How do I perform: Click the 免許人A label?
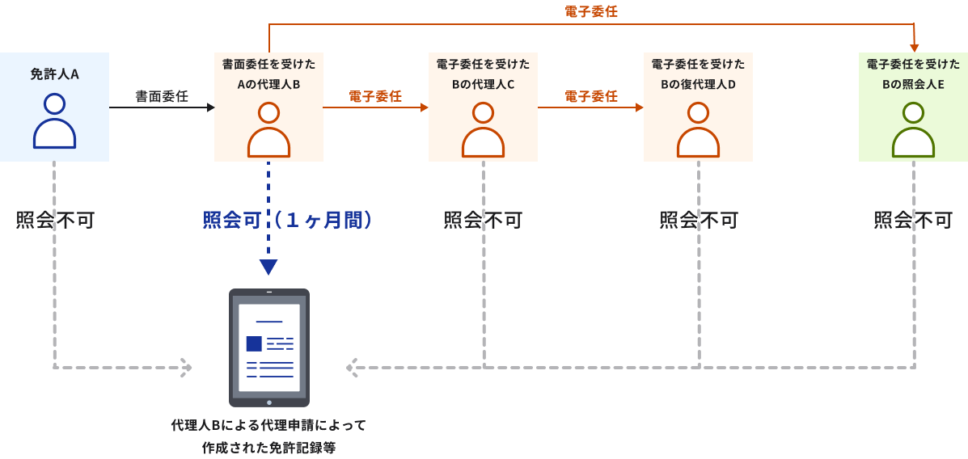coord(54,74)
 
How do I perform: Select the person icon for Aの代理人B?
coord(268,129)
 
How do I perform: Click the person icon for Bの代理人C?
coord(483,129)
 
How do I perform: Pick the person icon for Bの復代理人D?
coord(698,129)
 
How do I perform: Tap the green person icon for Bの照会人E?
coord(913,129)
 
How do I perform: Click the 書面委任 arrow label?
coord(162,96)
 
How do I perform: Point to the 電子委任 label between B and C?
coord(375,96)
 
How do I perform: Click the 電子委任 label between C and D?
coord(591,96)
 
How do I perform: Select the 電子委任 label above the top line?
coord(591,11)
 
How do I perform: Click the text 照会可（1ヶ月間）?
coord(287,220)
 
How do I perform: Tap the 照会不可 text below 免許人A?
coord(55,220)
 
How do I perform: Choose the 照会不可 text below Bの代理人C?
coord(483,220)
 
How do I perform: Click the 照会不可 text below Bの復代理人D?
coord(699,220)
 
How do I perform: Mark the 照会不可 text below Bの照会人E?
coord(913,220)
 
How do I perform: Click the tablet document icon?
coord(269,347)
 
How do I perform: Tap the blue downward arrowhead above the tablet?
coord(268,267)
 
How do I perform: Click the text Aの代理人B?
coord(268,85)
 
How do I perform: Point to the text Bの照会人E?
coord(913,85)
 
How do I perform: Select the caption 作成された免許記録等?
coord(269,447)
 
